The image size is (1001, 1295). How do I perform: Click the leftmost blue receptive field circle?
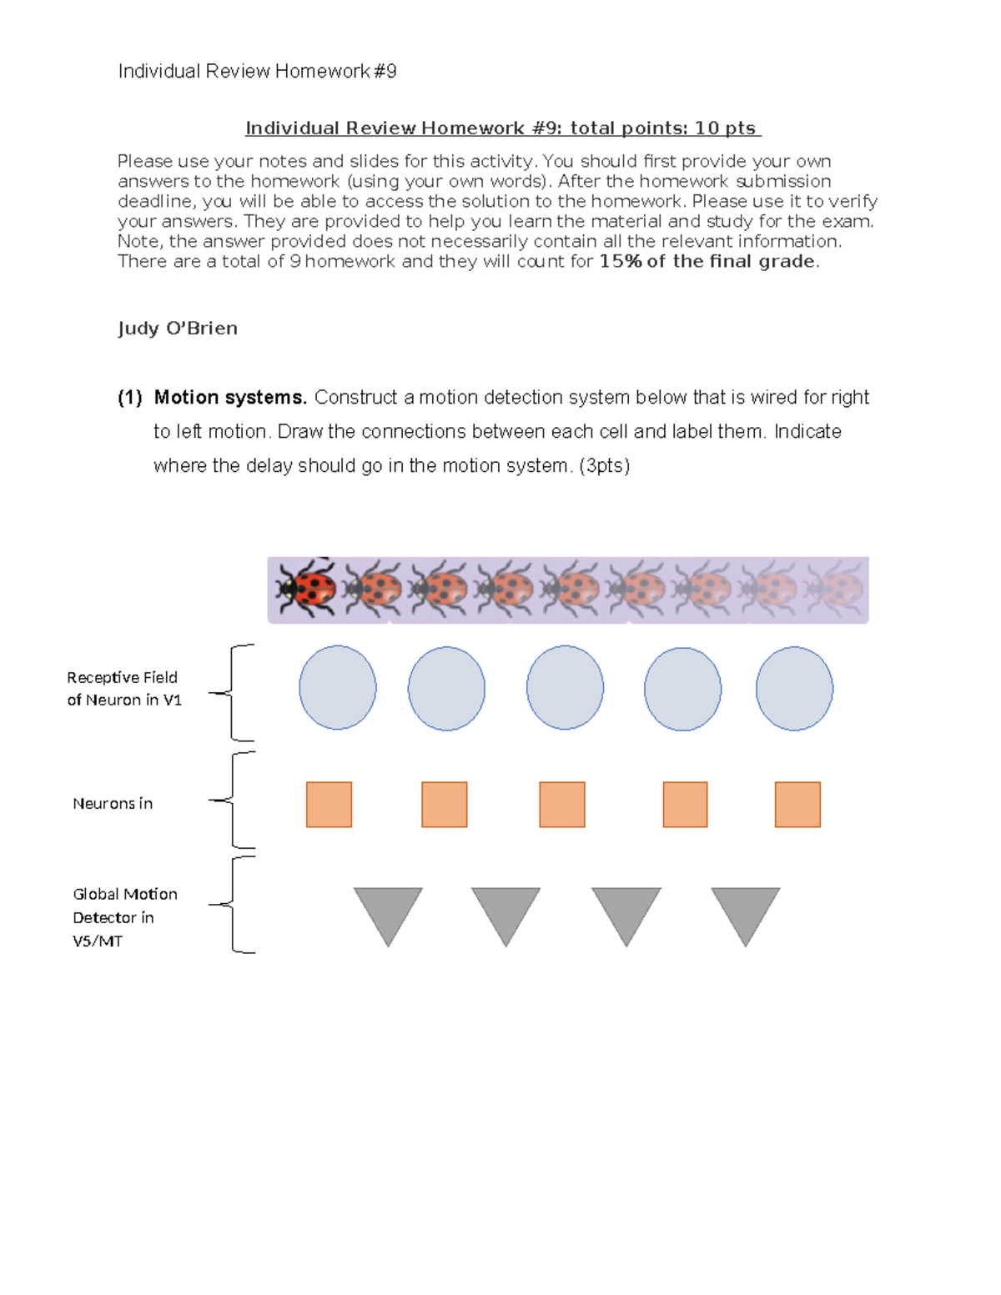pyautogui.click(x=338, y=688)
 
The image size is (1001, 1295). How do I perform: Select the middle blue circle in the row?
pyautogui.click(x=565, y=688)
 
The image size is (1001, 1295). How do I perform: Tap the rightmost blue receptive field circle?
pyautogui.click(x=794, y=689)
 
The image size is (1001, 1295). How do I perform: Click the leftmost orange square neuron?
pyautogui.click(x=329, y=805)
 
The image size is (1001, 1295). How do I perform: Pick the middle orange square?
pyautogui.click(x=562, y=805)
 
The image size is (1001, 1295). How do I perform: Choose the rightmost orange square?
pyautogui.click(x=797, y=805)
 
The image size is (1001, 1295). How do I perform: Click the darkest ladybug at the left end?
pyautogui.click(x=306, y=589)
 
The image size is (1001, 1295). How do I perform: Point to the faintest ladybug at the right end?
pyautogui.click(x=835, y=589)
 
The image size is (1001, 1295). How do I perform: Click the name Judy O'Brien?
pyautogui.click(x=178, y=329)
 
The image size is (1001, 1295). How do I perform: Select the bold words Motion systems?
pyautogui.click(x=230, y=398)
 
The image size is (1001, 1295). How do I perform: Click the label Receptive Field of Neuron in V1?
pyautogui.click(x=123, y=689)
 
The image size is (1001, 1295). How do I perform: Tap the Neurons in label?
pyautogui.click(x=113, y=804)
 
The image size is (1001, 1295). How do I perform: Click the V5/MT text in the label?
pyautogui.click(x=98, y=941)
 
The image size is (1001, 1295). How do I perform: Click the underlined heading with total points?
pyautogui.click(x=502, y=128)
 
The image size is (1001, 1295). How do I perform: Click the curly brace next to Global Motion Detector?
pyautogui.click(x=234, y=905)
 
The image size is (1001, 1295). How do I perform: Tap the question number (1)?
pyautogui.click(x=130, y=398)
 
